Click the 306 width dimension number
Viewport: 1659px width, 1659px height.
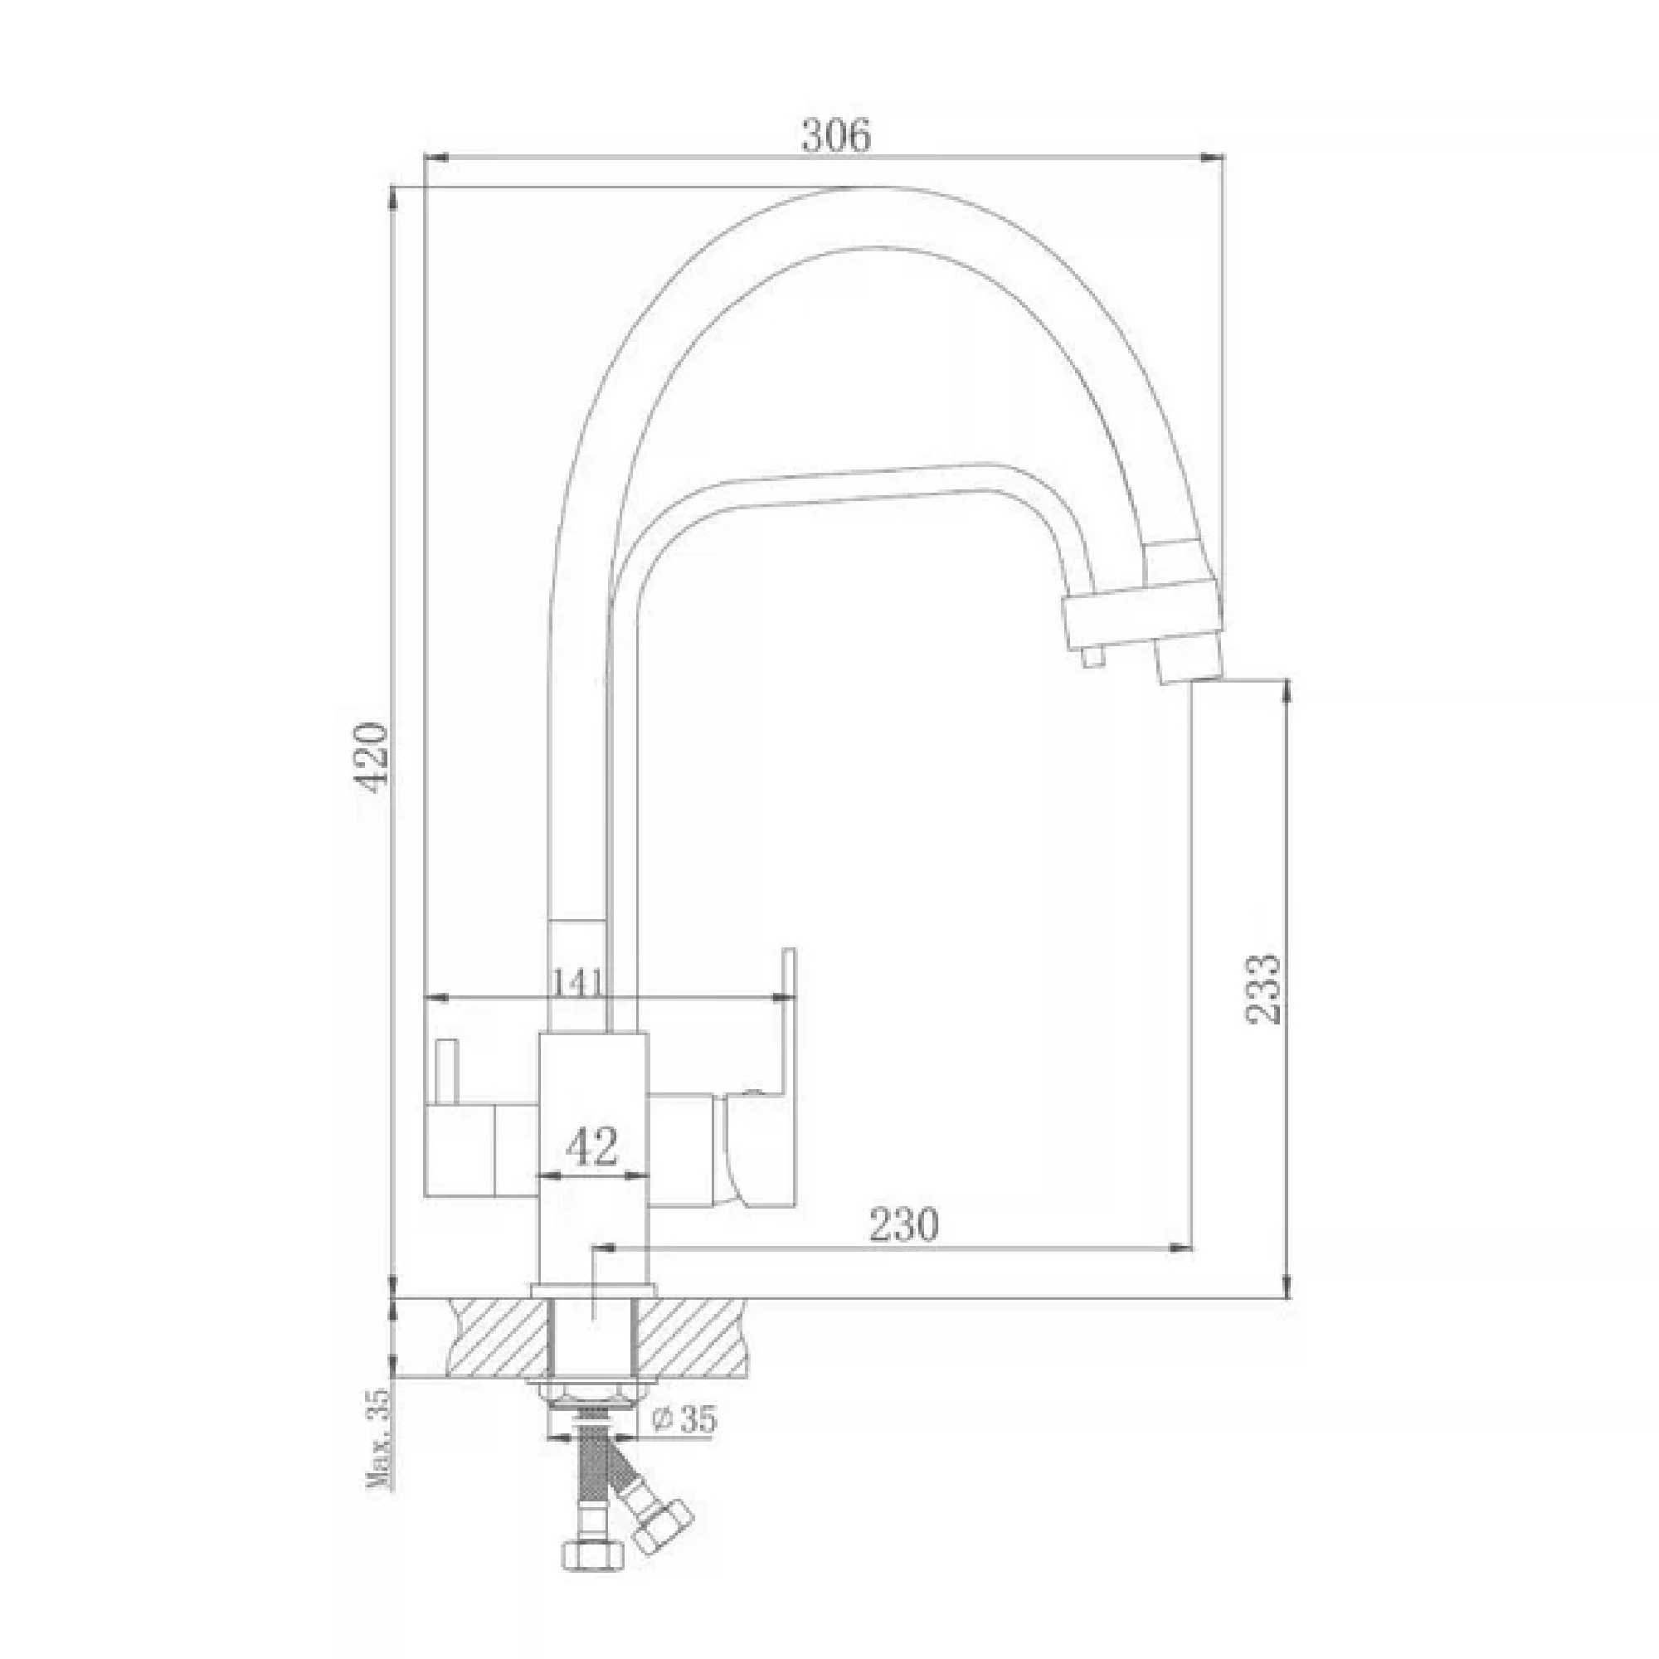(x=834, y=136)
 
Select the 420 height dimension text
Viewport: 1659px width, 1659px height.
(x=372, y=753)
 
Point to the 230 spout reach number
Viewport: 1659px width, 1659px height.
(x=904, y=1224)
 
